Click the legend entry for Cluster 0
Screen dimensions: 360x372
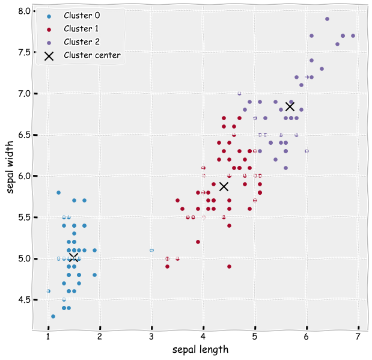[x=81, y=15]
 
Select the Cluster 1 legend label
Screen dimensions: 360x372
[x=81, y=28]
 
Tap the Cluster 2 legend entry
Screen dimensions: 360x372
[x=81, y=41]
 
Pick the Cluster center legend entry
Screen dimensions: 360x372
[x=92, y=55]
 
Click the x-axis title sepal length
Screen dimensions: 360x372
[x=200, y=349]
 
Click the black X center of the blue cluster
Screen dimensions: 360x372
[x=73, y=258]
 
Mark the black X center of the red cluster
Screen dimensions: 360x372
[x=224, y=186]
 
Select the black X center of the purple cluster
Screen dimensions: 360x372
[x=290, y=106]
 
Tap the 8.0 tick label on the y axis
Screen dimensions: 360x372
[x=25, y=11]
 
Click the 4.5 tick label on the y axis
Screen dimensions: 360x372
[x=25, y=299]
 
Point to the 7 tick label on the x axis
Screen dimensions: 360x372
[x=358, y=335]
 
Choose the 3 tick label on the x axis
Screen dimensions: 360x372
[x=151, y=335]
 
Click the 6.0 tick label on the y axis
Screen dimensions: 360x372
[x=25, y=176]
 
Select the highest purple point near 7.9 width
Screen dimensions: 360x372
[x=327, y=19]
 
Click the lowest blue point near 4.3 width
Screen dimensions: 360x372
[x=53, y=316]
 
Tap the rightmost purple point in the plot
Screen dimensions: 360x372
[x=353, y=35]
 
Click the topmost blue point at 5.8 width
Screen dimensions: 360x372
[x=58, y=192]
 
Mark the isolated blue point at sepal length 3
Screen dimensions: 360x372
[x=151, y=250]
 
